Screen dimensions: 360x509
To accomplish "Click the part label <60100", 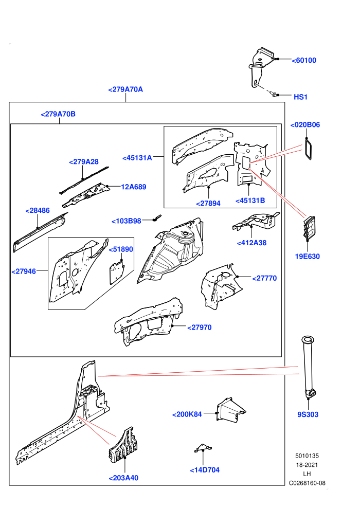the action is [304, 60].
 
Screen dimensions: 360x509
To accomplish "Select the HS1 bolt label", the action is [300, 97].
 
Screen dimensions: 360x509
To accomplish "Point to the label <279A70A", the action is [125, 89].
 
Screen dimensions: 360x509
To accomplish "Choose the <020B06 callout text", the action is [305, 124].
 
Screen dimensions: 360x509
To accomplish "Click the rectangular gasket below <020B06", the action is [308, 149].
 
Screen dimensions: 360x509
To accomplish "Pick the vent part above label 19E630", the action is [309, 228].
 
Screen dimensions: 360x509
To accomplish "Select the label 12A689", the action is [133, 187].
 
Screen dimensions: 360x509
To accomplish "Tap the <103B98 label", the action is [127, 221].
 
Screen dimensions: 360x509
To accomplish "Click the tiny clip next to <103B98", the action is [157, 217].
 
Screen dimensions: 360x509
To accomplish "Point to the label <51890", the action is [121, 249].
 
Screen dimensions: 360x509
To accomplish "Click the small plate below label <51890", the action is [117, 272].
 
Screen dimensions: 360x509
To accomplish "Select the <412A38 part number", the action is [251, 243].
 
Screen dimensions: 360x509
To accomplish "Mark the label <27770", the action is [264, 278].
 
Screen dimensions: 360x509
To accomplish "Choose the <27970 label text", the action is [200, 328].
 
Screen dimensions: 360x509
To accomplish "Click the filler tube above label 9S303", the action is [309, 367].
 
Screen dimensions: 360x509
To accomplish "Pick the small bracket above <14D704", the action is [203, 448].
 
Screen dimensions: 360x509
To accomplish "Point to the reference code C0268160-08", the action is [307, 483].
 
